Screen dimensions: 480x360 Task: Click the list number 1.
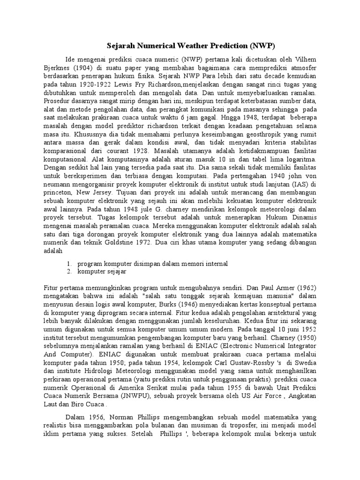click(x=68, y=263)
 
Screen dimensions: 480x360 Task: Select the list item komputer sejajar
click(x=102, y=271)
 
